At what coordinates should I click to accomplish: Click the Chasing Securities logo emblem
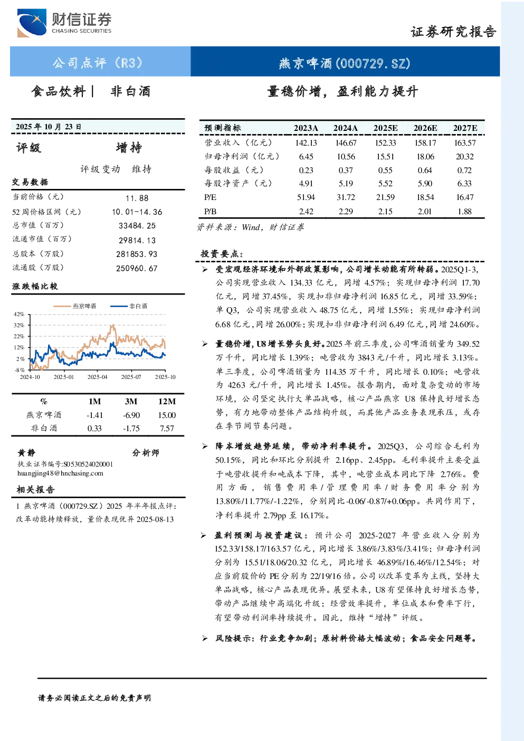click(32, 23)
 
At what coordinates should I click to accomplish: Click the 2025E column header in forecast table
click(385, 128)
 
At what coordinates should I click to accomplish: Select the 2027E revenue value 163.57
click(465, 143)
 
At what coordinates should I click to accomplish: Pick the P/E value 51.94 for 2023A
click(306, 197)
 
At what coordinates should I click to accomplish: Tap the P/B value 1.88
click(465, 212)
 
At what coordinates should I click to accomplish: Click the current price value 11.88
click(137, 198)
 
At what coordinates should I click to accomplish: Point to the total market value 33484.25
click(137, 226)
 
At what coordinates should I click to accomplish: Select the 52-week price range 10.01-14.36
click(137, 212)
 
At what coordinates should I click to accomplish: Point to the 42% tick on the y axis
click(19, 314)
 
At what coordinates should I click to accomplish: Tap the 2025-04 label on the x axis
click(97, 377)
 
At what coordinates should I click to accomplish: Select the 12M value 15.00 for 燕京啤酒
click(167, 415)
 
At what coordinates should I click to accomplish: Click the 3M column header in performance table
click(131, 401)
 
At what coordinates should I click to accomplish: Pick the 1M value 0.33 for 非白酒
click(94, 429)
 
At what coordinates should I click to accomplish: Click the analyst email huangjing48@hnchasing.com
click(60, 473)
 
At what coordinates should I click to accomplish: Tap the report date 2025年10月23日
click(49, 127)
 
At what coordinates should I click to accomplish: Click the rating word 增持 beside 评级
click(129, 148)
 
